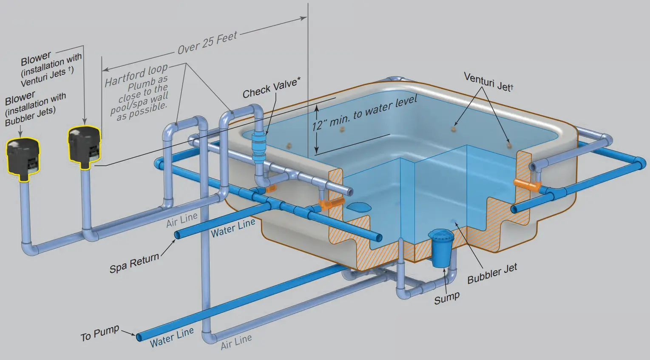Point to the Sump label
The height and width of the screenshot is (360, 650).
[446, 298]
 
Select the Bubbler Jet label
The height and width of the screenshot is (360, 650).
[492, 273]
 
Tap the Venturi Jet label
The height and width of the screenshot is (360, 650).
[488, 82]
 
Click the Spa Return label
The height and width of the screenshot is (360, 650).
[134, 263]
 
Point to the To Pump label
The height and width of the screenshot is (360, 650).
[99, 334]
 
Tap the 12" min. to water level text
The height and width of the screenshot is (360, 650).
[365, 113]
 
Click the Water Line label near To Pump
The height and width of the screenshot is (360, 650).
[172, 337]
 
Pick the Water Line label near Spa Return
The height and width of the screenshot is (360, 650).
[233, 228]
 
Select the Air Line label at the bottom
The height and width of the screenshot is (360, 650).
[236, 341]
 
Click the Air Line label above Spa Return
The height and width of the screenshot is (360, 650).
[182, 220]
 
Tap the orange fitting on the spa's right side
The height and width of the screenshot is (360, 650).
[527, 184]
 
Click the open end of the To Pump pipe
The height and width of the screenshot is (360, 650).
[139, 337]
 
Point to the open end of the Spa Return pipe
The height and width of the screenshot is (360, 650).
[177, 235]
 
